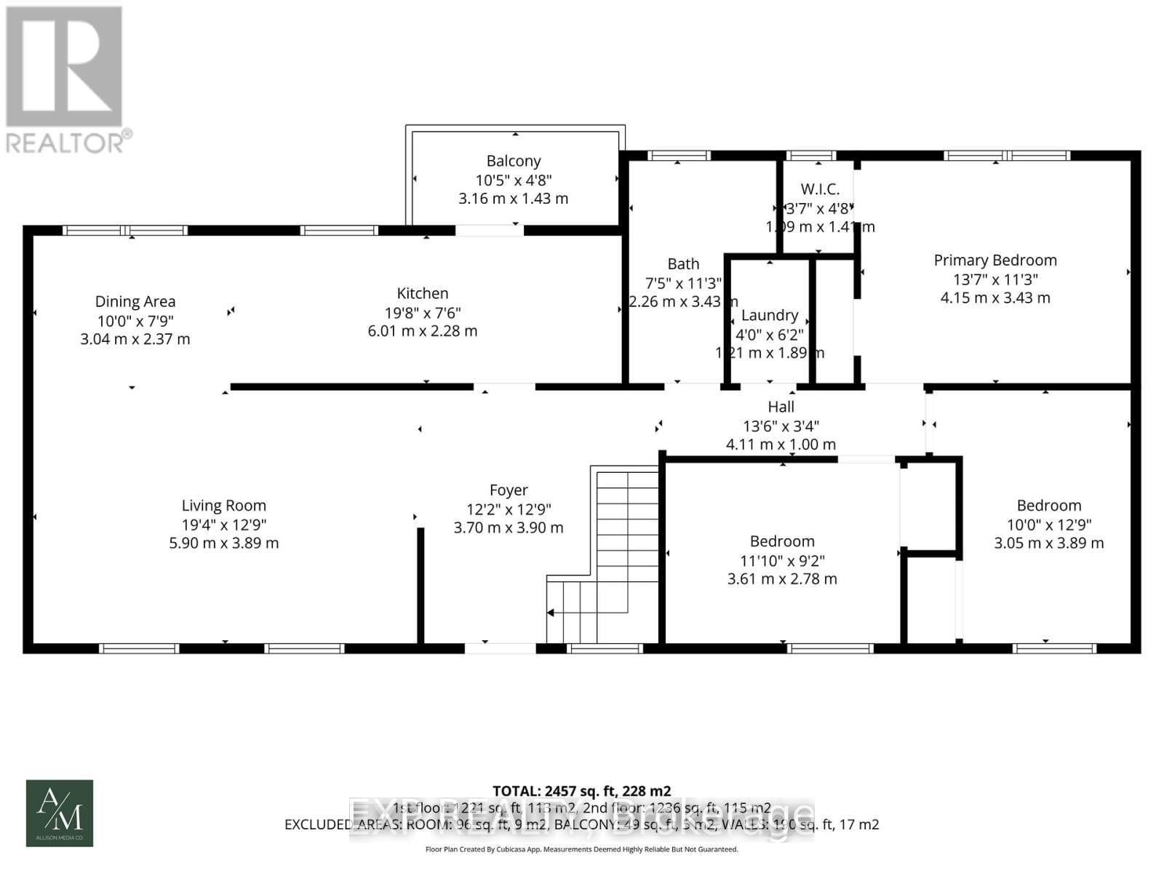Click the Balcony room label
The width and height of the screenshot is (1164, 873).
(x=514, y=162)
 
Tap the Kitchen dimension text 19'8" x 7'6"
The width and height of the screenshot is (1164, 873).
(x=423, y=313)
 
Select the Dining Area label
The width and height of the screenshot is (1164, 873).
(x=135, y=301)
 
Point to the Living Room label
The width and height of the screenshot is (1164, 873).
(x=224, y=506)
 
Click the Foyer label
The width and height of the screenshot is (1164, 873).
(x=509, y=490)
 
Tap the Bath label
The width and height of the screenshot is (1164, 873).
(x=683, y=264)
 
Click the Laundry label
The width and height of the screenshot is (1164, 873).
(x=770, y=315)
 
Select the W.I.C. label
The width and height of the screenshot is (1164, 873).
(x=820, y=189)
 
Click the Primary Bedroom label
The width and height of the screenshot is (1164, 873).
(x=995, y=260)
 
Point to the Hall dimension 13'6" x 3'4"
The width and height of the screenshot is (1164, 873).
(x=781, y=426)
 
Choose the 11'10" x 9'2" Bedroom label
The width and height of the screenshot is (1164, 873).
(x=782, y=541)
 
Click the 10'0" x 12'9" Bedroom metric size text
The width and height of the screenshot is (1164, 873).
(x=1049, y=543)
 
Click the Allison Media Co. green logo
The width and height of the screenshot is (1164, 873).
(x=60, y=813)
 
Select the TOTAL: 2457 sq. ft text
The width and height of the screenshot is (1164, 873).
(x=581, y=791)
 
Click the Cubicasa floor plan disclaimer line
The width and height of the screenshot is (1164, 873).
(x=581, y=849)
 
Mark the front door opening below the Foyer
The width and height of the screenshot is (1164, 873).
(x=501, y=647)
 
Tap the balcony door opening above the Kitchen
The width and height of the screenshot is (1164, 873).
(x=489, y=231)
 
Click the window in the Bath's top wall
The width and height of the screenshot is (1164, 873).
(x=678, y=155)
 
